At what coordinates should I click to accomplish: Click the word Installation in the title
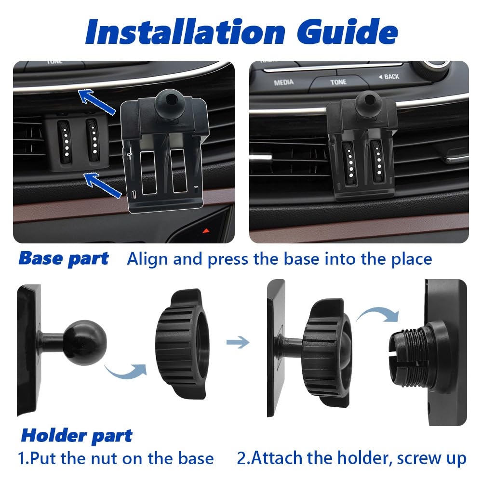(x=185, y=31)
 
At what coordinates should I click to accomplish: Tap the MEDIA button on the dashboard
(x=283, y=82)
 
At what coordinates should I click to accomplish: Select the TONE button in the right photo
(x=338, y=82)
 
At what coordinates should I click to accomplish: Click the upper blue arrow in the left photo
(x=97, y=101)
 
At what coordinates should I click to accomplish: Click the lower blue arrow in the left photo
(x=103, y=185)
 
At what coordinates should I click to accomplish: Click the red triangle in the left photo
(x=206, y=230)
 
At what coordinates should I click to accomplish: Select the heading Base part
(x=64, y=258)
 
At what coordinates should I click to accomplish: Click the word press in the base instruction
(x=228, y=260)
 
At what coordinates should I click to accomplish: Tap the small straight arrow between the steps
(x=238, y=342)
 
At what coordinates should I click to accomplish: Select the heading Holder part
(x=77, y=436)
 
